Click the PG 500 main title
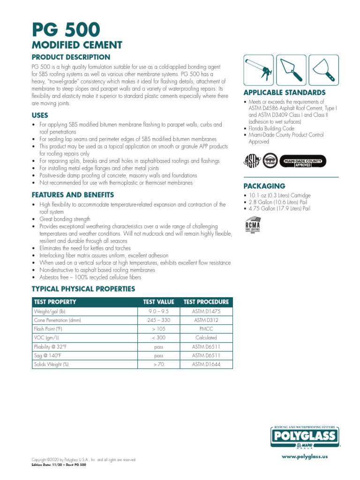click(66, 30)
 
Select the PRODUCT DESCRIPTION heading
click(71, 57)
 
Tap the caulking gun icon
click(257, 70)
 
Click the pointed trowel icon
click(290, 70)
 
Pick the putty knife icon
click(322, 70)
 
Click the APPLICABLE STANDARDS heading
click(284, 92)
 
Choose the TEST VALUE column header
click(158, 302)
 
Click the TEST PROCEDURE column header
click(206, 302)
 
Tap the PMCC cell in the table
click(206, 329)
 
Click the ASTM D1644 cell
click(206, 364)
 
